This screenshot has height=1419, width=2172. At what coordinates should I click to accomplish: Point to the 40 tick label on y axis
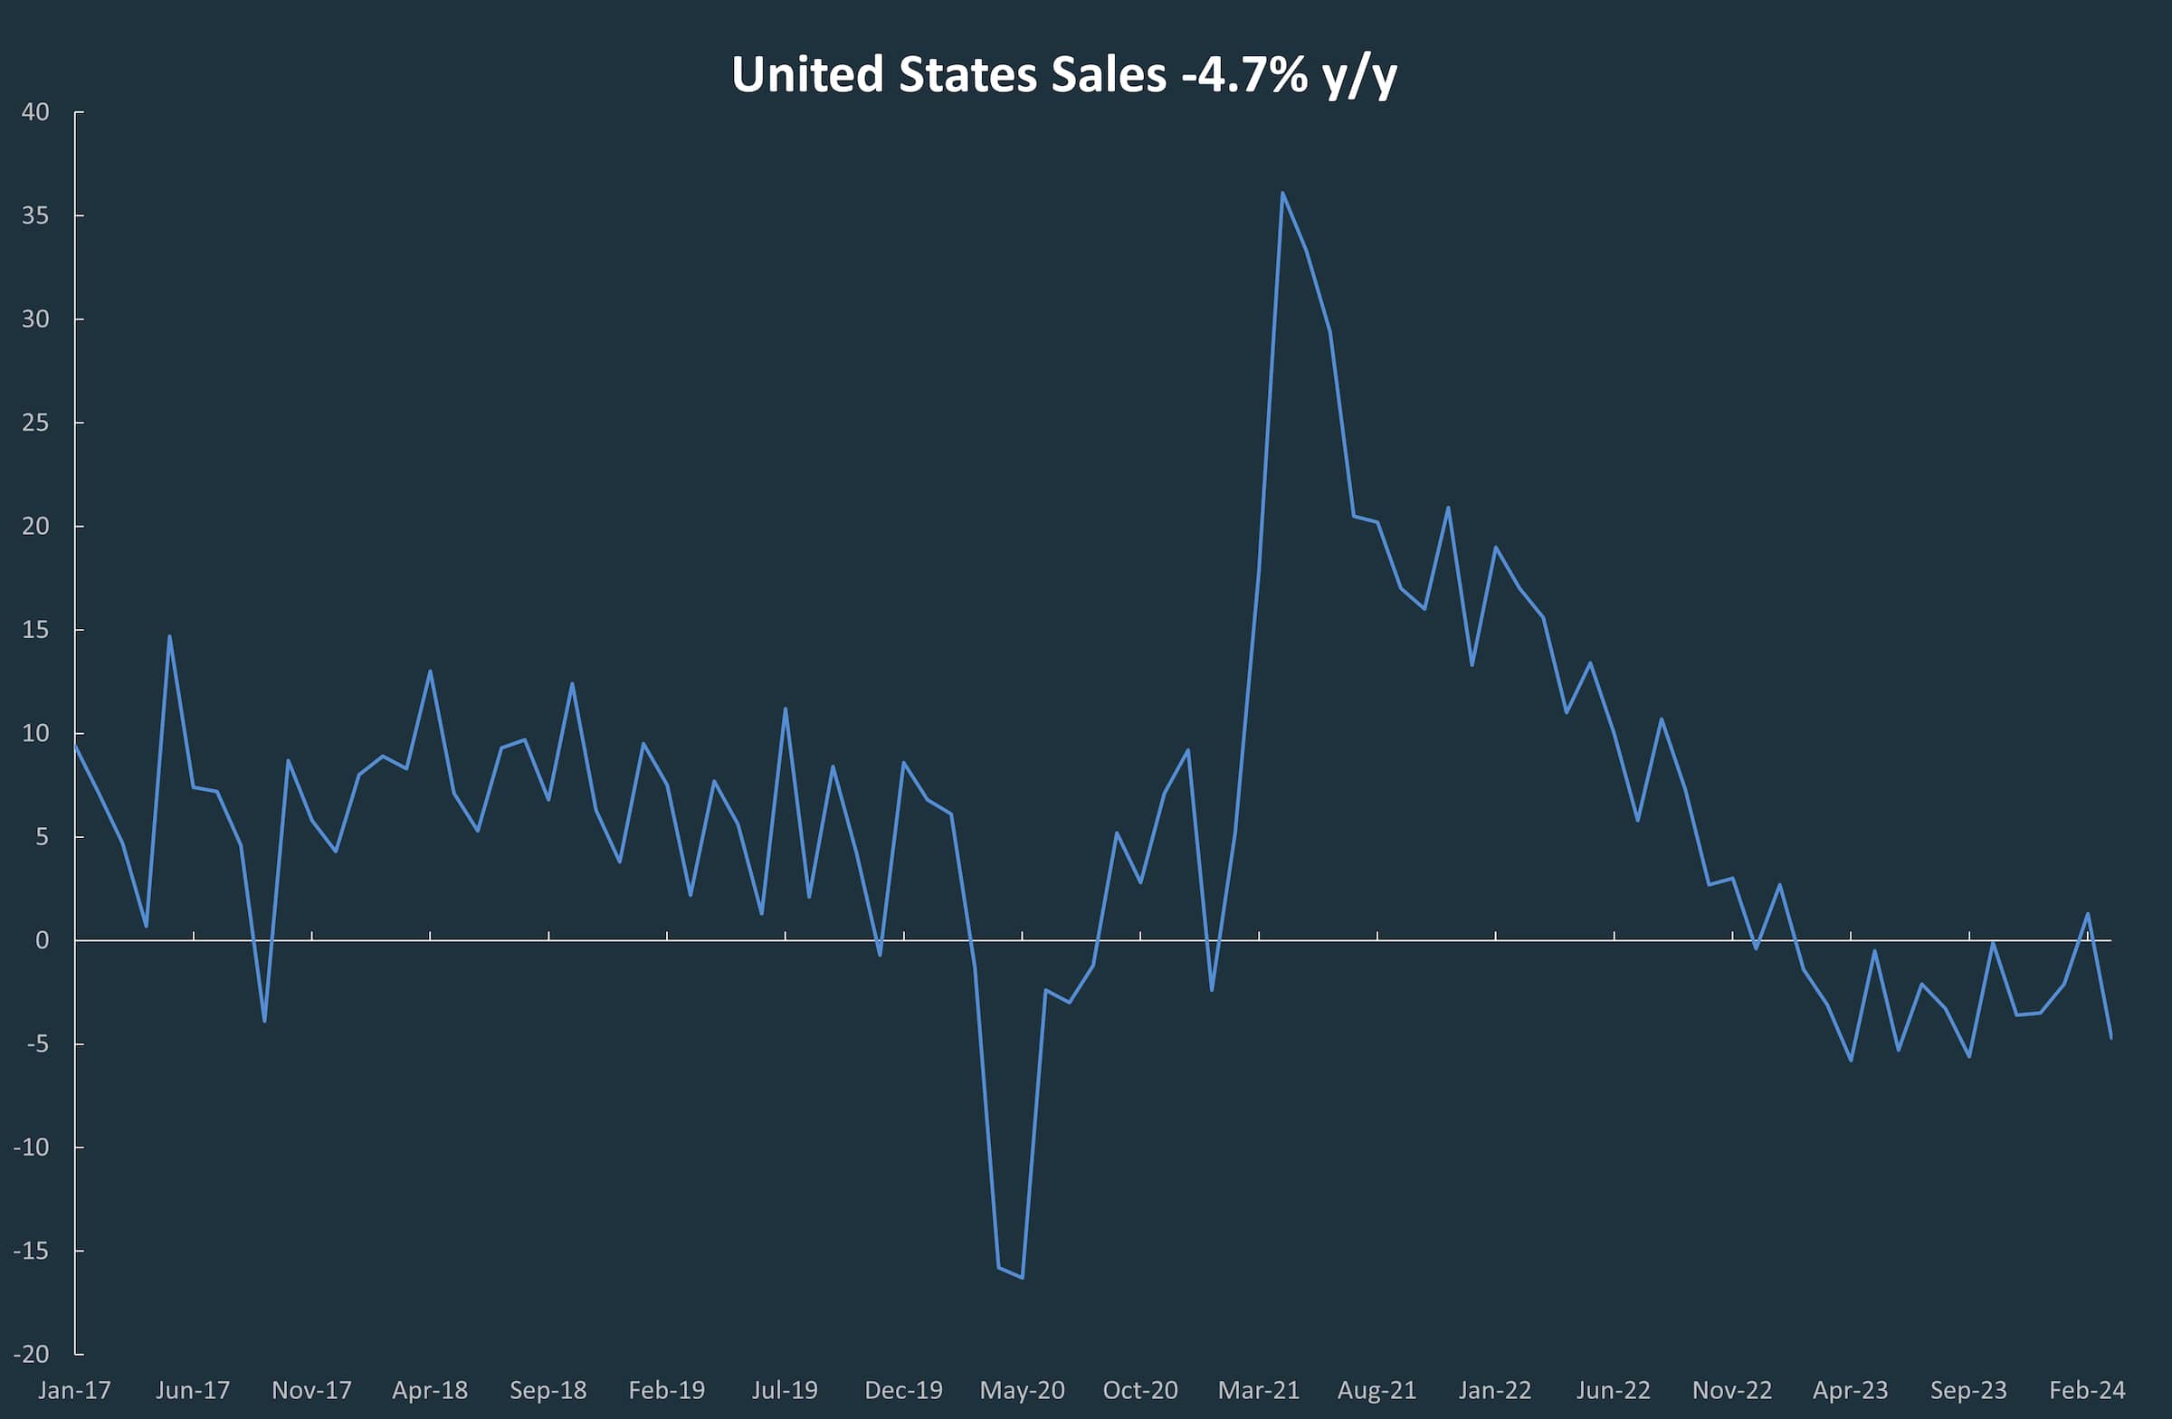pyautogui.click(x=35, y=112)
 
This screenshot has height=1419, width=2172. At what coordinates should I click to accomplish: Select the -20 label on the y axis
pyautogui.click(x=31, y=1354)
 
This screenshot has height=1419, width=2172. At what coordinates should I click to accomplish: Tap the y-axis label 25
pyautogui.click(x=35, y=423)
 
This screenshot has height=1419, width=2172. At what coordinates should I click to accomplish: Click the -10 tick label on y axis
pyautogui.click(x=31, y=1148)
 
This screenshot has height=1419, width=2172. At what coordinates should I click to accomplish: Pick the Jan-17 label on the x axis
pyautogui.click(x=74, y=1391)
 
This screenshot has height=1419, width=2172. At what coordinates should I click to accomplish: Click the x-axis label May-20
pyautogui.click(x=1022, y=1391)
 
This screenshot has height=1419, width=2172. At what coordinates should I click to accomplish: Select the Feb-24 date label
pyautogui.click(x=2087, y=1391)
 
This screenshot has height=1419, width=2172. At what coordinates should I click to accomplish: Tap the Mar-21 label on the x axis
pyautogui.click(x=1259, y=1391)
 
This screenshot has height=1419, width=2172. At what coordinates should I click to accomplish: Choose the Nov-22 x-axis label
pyautogui.click(x=1732, y=1391)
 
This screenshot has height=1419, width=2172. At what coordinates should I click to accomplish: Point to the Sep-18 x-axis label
pyautogui.click(x=548, y=1391)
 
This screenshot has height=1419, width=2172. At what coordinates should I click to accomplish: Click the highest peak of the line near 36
pyautogui.click(x=1282, y=193)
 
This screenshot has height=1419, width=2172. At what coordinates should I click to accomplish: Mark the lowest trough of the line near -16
pyautogui.click(x=1022, y=1278)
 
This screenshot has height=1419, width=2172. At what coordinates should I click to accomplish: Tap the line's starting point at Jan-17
pyautogui.click(x=75, y=745)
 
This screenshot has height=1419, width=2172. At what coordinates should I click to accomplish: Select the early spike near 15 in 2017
pyautogui.click(x=170, y=636)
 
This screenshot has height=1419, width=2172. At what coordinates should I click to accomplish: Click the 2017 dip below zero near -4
pyautogui.click(x=264, y=1021)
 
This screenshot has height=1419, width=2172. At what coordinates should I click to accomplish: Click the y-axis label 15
pyautogui.click(x=35, y=630)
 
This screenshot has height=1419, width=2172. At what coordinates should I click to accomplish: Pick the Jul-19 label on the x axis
pyautogui.click(x=785, y=1391)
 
